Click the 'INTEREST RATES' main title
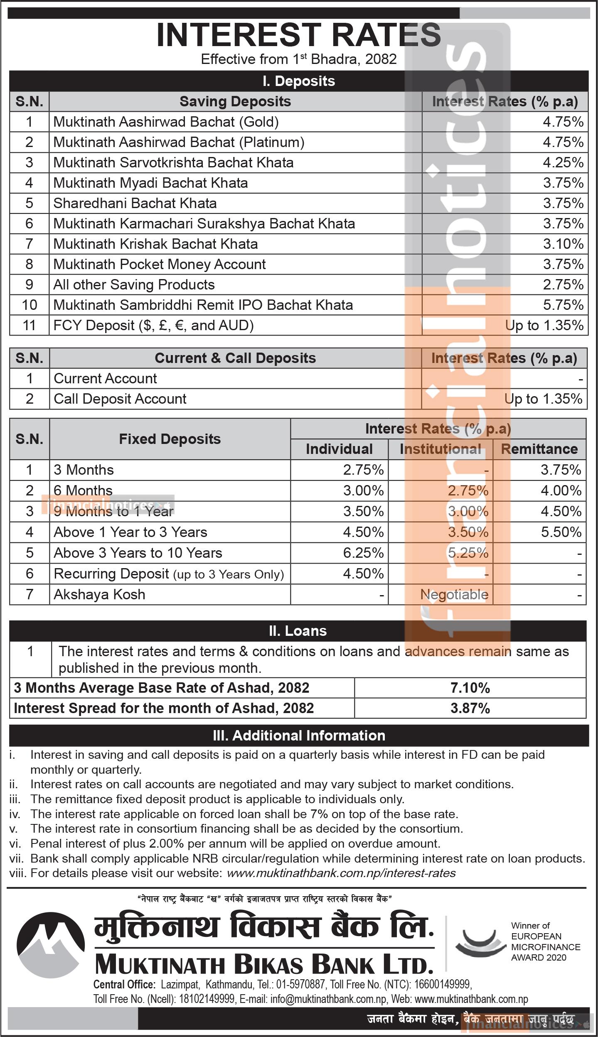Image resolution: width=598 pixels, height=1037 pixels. (298, 36)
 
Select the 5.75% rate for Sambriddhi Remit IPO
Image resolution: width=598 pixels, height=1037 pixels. (563, 305)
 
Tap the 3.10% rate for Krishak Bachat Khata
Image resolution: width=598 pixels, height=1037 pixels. (563, 244)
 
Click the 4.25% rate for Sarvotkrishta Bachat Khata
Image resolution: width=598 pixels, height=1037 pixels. (563, 162)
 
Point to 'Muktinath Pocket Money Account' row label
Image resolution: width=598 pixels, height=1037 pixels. (160, 264)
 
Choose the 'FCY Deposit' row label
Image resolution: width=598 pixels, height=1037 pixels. (153, 325)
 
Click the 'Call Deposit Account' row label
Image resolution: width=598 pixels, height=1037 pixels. (120, 399)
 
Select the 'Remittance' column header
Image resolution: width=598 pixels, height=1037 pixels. (539, 449)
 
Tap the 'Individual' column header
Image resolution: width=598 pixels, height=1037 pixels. (339, 449)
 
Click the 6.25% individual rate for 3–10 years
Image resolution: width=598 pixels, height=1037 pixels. (363, 553)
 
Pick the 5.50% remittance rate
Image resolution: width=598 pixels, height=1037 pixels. (561, 532)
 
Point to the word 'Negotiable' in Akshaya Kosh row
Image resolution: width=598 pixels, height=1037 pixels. (454, 594)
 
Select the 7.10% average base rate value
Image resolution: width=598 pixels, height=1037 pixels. (470, 688)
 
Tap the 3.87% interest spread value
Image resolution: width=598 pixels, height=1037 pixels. (470, 708)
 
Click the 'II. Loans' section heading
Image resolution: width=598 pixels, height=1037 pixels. (298, 631)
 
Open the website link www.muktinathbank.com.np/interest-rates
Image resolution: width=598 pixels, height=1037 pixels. (341, 873)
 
